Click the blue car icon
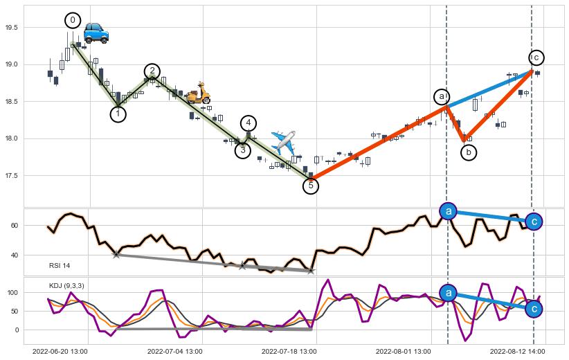tap(96, 33)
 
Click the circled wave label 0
tap(73, 20)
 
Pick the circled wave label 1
tap(118, 114)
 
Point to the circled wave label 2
tap(152, 71)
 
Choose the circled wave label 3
tap(242, 150)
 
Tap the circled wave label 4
tap(249, 123)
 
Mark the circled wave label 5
tap(311, 186)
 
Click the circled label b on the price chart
tap(469, 152)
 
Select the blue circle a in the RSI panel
tap(449, 211)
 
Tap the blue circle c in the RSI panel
tap(533, 222)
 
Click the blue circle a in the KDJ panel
tap(449, 293)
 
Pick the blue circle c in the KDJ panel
tap(533, 309)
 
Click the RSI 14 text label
tap(60, 266)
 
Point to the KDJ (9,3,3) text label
tap(66, 285)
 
